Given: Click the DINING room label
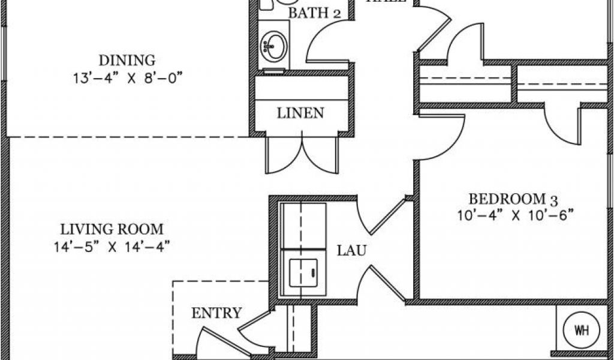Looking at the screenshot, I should (127, 60).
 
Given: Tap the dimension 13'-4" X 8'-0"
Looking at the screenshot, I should (127, 77).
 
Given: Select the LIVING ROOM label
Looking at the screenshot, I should (112, 229).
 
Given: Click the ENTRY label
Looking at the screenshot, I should (216, 313).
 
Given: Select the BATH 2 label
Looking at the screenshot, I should (315, 13).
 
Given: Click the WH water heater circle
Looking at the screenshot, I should (580, 329).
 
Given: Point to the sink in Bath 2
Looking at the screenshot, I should (275, 46).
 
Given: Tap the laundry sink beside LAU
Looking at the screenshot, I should (303, 274).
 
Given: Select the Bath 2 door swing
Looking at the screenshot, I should (327, 45).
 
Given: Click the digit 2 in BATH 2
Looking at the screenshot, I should (338, 14).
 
